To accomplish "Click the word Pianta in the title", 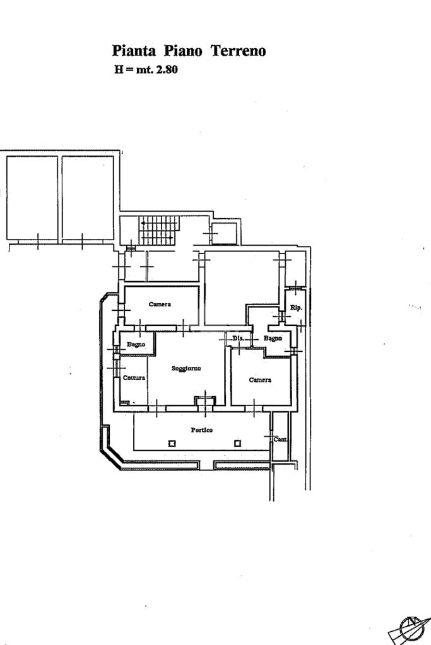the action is click(x=134, y=51).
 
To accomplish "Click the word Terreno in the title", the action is click(x=239, y=51).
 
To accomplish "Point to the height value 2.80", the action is click(x=167, y=69).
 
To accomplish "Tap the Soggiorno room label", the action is click(x=186, y=369).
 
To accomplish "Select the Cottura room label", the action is click(x=134, y=378).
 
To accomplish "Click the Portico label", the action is click(x=202, y=430).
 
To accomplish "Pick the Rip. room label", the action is click(x=296, y=308).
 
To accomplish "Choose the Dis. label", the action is click(x=239, y=338).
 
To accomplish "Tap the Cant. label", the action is click(x=280, y=439).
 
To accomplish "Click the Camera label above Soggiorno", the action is click(x=160, y=305).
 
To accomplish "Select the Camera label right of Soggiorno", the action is click(x=260, y=380).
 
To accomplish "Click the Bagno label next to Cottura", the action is click(x=136, y=344).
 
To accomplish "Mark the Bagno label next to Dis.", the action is click(x=273, y=338).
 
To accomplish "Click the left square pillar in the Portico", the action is click(x=172, y=443).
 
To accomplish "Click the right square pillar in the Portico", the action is click(x=237, y=443).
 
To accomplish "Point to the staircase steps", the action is click(x=159, y=230).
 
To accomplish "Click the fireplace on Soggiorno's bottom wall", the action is click(x=205, y=400).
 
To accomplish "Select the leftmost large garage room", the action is click(x=32, y=198).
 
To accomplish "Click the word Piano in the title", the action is click(x=183, y=51).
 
